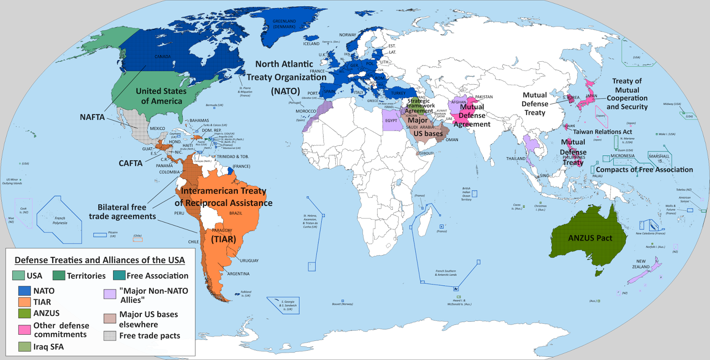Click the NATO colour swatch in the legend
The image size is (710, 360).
(24, 291)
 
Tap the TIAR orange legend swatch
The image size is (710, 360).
(24, 302)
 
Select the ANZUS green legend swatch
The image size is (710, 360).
(24, 313)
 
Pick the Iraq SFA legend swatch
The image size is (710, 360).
(24, 347)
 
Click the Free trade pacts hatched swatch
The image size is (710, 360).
(110, 336)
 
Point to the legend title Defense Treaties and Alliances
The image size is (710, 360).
(99, 260)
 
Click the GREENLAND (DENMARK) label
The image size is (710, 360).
(284, 24)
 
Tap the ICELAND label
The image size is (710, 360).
(311, 44)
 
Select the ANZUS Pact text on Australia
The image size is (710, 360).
(590, 238)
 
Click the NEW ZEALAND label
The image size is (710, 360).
(641, 264)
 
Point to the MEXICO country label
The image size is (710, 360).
(157, 129)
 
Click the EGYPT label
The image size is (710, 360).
(391, 121)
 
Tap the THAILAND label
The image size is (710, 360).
(516, 158)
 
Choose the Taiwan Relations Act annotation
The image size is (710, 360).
(602, 132)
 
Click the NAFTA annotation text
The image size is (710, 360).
(92, 117)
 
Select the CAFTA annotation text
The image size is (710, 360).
(130, 163)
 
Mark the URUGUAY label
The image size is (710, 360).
(249, 261)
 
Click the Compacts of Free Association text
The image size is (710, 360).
(644, 170)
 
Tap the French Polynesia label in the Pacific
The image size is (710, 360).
(60, 221)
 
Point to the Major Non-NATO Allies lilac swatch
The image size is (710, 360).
(110, 294)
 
